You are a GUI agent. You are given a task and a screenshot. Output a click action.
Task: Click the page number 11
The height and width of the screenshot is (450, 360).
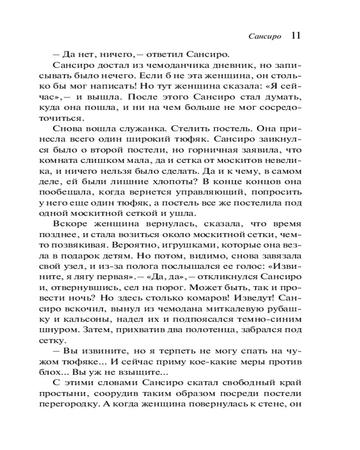click(x=296, y=36)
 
